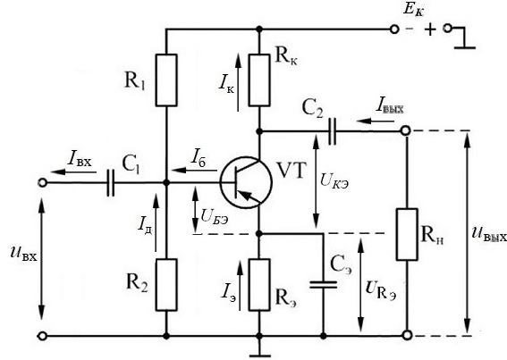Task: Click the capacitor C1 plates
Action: click(x=110, y=182)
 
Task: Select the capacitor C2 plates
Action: click(x=332, y=131)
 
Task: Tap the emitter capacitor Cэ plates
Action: click(x=323, y=284)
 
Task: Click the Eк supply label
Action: click(x=413, y=10)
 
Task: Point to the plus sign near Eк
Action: click(x=430, y=29)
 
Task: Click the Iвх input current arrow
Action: click(x=73, y=172)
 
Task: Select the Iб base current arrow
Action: click(x=194, y=170)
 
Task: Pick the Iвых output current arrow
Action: click(x=375, y=121)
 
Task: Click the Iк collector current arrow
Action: click(x=239, y=83)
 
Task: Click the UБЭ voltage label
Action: click(x=215, y=216)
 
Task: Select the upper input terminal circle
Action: click(x=42, y=183)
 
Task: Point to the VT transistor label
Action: click(x=292, y=171)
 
